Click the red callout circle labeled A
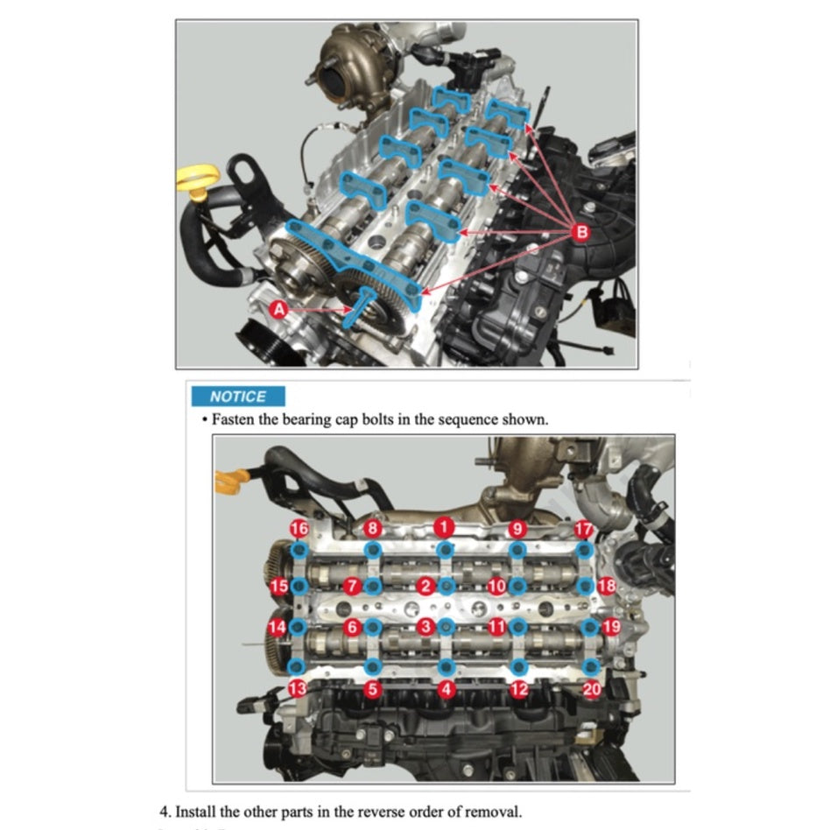(x=278, y=309)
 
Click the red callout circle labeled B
(x=580, y=232)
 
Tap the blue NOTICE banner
(x=238, y=396)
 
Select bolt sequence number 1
(x=444, y=527)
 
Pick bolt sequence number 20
(x=592, y=689)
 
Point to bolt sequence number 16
(x=299, y=529)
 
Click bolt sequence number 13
(x=298, y=689)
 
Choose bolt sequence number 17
(x=583, y=529)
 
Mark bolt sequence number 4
(x=447, y=689)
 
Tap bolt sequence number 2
(x=426, y=586)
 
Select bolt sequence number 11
(x=497, y=627)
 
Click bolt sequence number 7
(x=353, y=585)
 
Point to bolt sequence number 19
(x=611, y=627)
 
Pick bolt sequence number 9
(x=517, y=529)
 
